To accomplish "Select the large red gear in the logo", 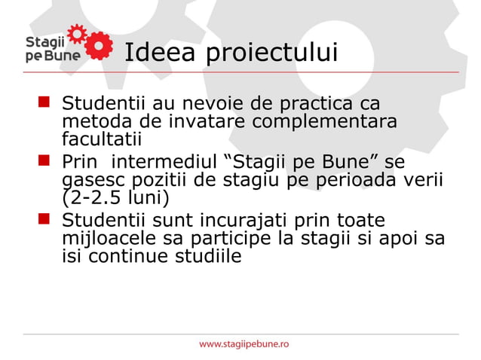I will [100, 44].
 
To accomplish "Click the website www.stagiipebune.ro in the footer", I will [244, 344].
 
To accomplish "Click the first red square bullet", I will [46, 101].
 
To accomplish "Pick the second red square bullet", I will [46, 160].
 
